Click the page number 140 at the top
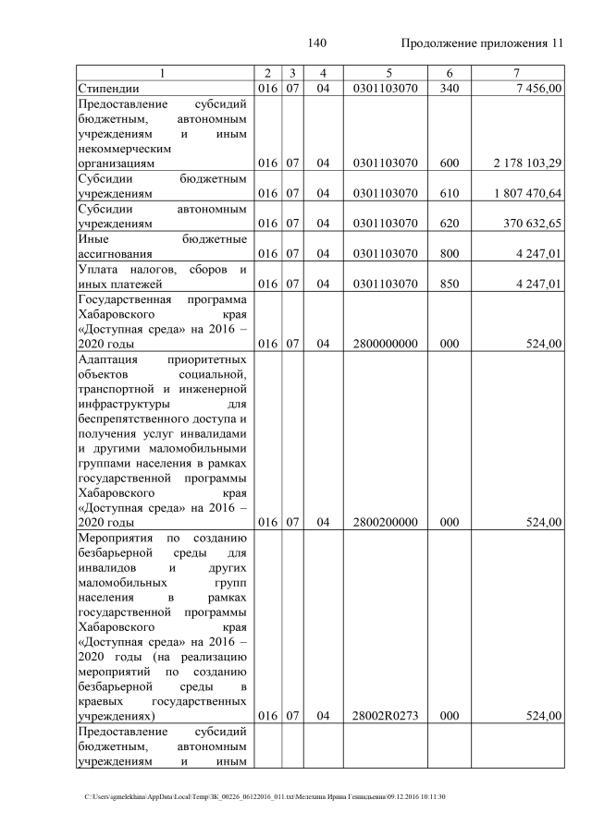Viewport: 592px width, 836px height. [x=317, y=43]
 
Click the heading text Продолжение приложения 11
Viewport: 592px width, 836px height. [x=481, y=43]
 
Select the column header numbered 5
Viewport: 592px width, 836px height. [x=385, y=73]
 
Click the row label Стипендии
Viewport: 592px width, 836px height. [x=107, y=89]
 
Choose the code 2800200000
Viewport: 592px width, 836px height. [x=385, y=522]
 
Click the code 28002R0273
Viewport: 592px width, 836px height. [x=385, y=716]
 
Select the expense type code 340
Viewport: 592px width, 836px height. [x=449, y=89]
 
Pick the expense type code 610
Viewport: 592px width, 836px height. [x=449, y=194]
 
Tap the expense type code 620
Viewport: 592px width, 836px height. [x=449, y=224]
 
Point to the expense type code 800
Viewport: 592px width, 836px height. [x=449, y=254]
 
